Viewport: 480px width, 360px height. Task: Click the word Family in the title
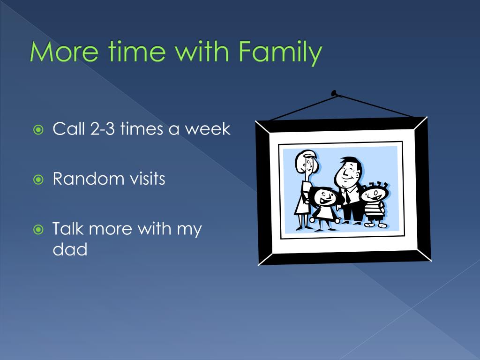point(280,52)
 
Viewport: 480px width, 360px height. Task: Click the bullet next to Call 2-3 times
point(38,130)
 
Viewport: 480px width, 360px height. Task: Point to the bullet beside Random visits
point(38,180)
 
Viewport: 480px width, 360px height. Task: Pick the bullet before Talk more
point(38,230)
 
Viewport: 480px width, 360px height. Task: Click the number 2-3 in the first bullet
point(102,128)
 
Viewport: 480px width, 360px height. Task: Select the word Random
point(87,179)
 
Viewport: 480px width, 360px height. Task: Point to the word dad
point(70,249)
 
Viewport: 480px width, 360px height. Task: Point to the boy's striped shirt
point(374,210)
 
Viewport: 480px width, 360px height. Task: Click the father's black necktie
point(347,196)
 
